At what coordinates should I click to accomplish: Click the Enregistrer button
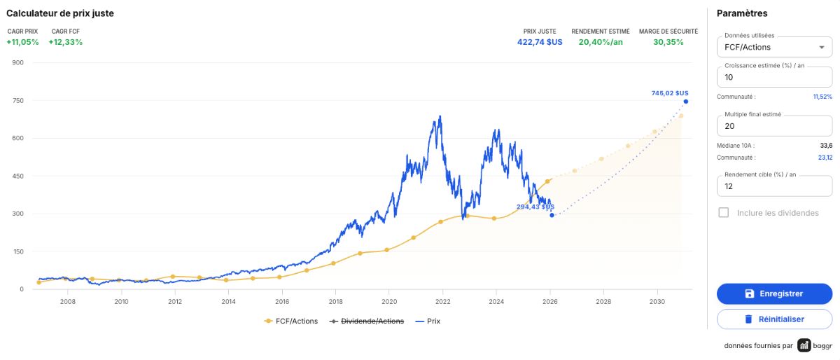tap(774, 293)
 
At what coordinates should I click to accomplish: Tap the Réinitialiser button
tap(774, 319)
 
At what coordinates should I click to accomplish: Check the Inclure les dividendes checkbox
tap(723, 212)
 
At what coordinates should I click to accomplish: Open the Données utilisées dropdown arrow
tap(822, 48)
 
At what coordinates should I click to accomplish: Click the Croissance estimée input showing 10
tap(774, 77)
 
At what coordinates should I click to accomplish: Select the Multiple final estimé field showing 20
tap(774, 126)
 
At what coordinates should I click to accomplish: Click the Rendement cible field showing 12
tap(774, 186)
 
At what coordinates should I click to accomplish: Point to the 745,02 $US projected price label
tap(670, 93)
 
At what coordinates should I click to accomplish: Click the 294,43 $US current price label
tap(535, 207)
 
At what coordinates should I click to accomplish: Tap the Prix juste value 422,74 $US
tap(540, 42)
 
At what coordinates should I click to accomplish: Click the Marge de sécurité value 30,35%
tap(668, 42)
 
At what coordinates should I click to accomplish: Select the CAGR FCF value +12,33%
tap(66, 42)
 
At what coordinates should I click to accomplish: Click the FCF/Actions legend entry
tap(291, 321)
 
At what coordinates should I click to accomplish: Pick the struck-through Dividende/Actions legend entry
tap(366, 321)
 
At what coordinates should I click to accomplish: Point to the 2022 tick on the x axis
tap(442, 301)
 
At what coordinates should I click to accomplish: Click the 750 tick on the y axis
tap(18, 101)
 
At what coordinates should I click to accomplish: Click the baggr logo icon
tap(804, 345)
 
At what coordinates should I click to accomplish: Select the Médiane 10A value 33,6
tap(826, 146)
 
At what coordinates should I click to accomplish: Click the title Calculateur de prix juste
tap(60, 13)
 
